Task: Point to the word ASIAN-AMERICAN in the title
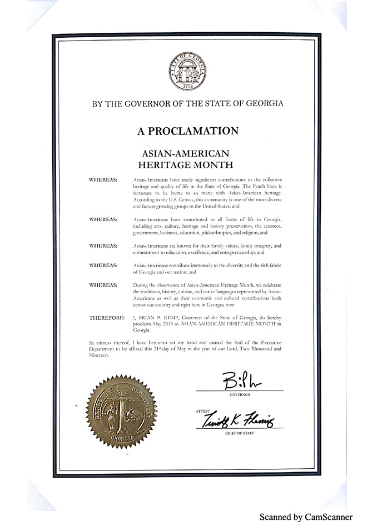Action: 187,152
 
